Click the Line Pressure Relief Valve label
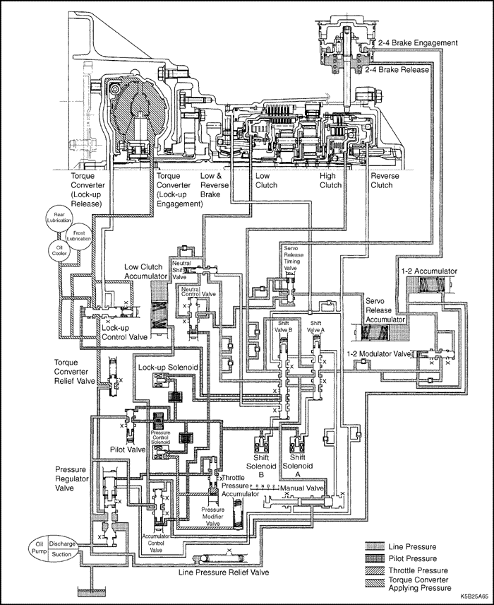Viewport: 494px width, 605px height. point(224,572)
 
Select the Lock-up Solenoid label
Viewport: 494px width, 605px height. point(167,368)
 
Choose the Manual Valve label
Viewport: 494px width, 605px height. point(301,488)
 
